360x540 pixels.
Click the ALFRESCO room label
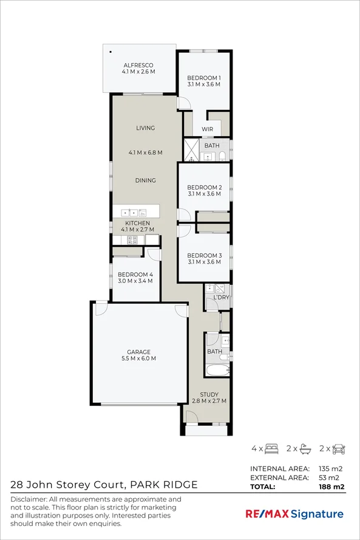tap(138, 65)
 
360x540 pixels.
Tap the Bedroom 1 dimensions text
tap(204, 84)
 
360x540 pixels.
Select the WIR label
tap(207, 129)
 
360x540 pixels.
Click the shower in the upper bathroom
tap(191, 150)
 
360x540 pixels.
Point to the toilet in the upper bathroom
tap(222, 156)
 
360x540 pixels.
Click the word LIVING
tap(145, 128)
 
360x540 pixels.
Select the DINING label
tap(145, 180)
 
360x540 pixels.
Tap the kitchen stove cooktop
tap(132, 240)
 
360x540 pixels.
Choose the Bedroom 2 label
tap(205, 187)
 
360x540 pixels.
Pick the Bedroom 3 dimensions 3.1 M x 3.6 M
tap(204, 262)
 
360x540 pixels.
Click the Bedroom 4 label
tap(135, 275)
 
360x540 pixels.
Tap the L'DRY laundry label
tap(221, 297)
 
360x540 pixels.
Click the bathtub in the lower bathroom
tap(218, 370)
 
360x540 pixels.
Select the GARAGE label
tap(138, 352)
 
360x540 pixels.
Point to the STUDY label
tap(209, 394)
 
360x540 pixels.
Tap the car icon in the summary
tap(339, 449)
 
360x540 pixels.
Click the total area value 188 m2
tap(331, 487)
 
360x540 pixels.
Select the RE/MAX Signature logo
tap(294, 514)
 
